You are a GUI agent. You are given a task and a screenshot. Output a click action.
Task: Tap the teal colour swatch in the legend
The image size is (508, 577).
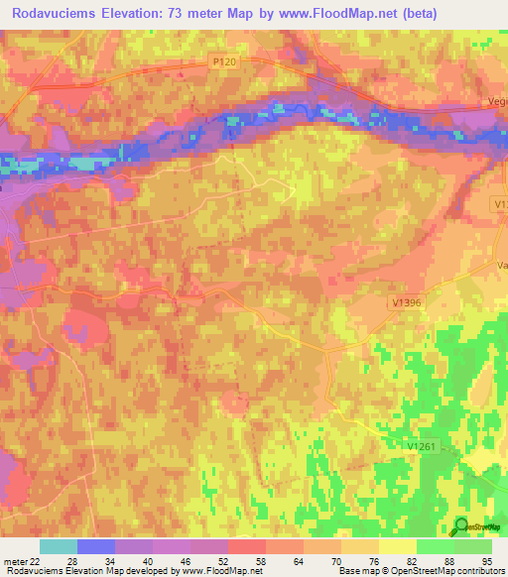(x=59, y=546)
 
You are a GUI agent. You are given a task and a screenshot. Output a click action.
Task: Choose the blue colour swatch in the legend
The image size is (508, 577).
(x=96, y=546)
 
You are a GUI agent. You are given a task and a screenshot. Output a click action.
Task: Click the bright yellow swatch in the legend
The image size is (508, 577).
(x=397, y=546)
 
